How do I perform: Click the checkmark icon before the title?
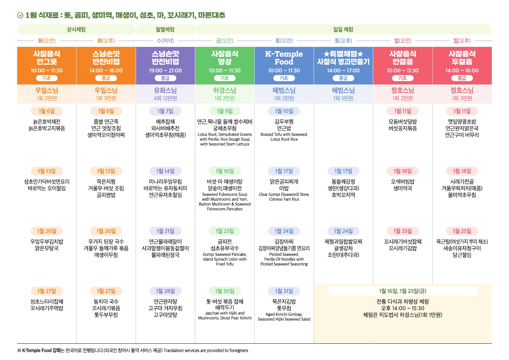[20, 15]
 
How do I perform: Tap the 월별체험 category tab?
[165, 29]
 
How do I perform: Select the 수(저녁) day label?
[165, 41]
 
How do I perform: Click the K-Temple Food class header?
[284, 58]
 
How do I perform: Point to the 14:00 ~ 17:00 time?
[343, 70]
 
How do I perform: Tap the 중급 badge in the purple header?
[165, 78]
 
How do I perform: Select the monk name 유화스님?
[165, 90]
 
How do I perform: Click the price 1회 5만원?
[343, 98]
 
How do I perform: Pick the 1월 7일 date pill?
[165, 111]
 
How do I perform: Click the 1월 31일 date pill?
[284, 291]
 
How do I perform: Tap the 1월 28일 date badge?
[165, 291]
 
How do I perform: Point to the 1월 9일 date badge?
[225, 111]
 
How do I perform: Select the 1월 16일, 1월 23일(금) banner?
[403, 291]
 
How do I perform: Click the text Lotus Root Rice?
[284, 139]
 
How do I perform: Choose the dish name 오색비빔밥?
[403, 182]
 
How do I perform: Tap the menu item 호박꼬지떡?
[343, 195]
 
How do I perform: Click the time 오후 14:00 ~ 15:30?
[403, 308]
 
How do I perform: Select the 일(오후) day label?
[462, 41]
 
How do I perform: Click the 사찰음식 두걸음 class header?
[462, 58]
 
